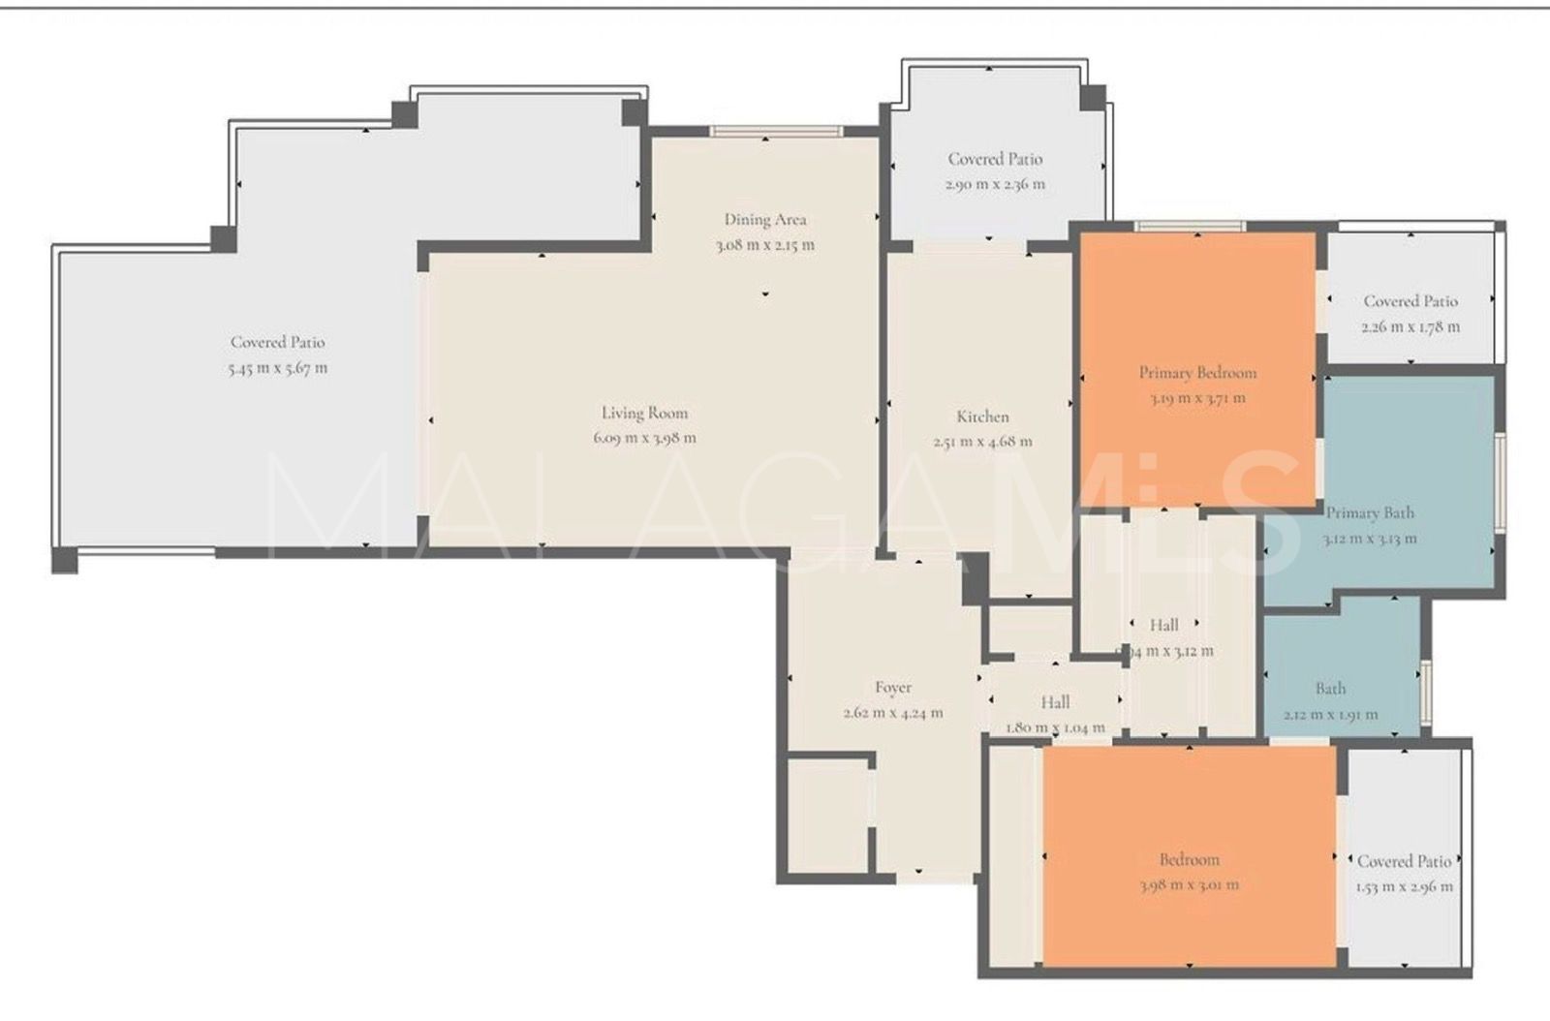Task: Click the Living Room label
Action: [x=644, y=413]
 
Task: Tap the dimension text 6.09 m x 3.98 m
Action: [x=644, y=438]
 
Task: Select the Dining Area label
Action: [x=765, y=220]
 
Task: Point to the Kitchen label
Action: [x=982, y=417]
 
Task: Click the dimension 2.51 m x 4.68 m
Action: [x=982, y=442]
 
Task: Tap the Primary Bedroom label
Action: [x=1197, y=373]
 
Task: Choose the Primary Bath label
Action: [x=1370, y=513]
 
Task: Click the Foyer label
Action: [x=892, y=688]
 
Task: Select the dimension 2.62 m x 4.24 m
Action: [x=892, y=713]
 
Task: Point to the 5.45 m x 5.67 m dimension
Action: [x=278, y=368]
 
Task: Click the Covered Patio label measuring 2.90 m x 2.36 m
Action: [x=995, y=159]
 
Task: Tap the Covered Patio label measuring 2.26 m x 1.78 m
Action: [x=1410, y=301]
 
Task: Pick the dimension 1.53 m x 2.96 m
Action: [x=1404, y=886]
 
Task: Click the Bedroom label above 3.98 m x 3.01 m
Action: [x=1189, y=859]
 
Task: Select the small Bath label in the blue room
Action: [x=1330, y=689]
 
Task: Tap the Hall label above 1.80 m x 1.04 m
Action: [x=1055, y=702]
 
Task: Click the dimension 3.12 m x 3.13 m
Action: [x=1370, y=539]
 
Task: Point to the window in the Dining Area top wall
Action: [x=776, y=132]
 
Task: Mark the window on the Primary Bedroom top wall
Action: [x=1191, y=227]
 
